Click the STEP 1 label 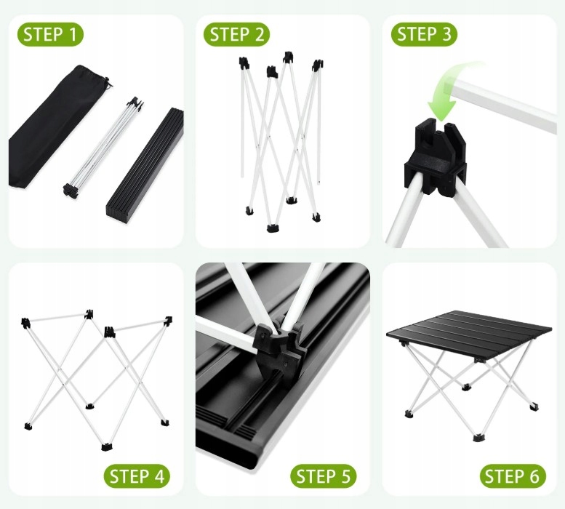pos(50,35)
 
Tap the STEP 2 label pos(237,35)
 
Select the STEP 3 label pos(424,35)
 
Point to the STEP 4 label pos(137,476)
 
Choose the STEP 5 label pos(323,476)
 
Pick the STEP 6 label pos(512,476)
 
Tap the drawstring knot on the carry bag pos(107,84)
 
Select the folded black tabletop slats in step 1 pos(145,165)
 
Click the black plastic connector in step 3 pos(436,157)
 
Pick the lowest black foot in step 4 pos(106,447)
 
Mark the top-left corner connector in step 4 pos(25,323)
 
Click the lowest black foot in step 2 pos(272,228)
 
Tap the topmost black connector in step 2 pos(288,57)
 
